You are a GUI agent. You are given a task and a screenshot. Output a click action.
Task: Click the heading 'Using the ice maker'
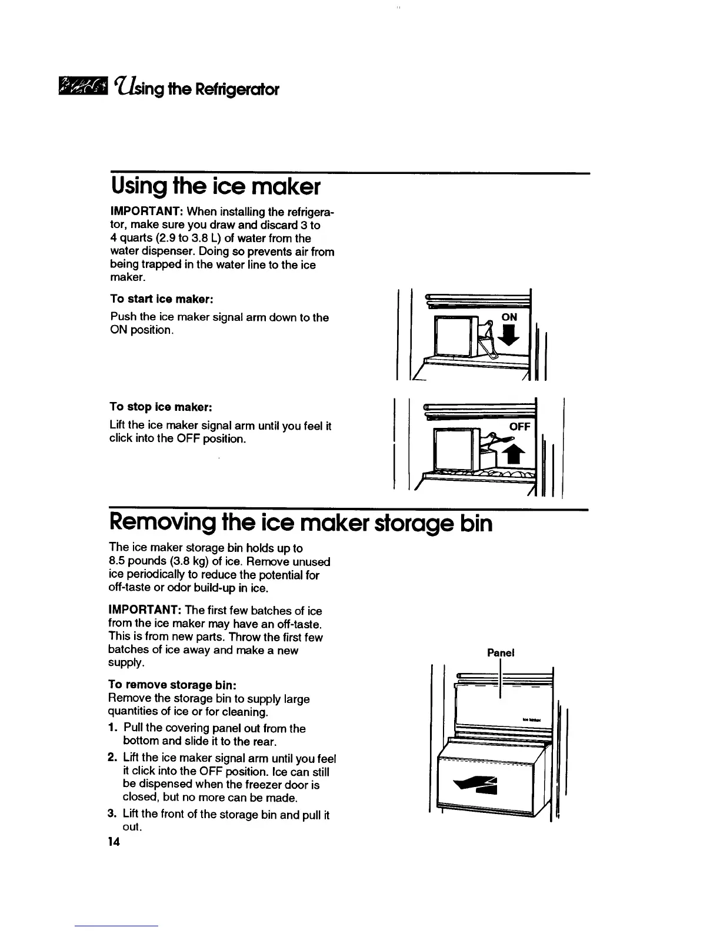pyautogui.click(x=215, y=187)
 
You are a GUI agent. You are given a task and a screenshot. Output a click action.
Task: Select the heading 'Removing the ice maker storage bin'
pyautogui.click(x=300, y=522)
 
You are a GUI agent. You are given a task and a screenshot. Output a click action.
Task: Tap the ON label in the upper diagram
pyautogui.click(x=509, y=317)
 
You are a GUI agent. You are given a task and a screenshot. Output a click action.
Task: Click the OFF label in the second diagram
pyautogui.click(x=519, y=426)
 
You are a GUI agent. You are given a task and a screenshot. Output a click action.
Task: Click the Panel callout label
pyautogui.click(x=501, y=652)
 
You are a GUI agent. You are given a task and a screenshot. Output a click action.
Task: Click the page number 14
pyautogui.click(x=114, y=842)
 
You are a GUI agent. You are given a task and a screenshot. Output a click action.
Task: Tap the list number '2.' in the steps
pyautogui.click(x=114, y=758)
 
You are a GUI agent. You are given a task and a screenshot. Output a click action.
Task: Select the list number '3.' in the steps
pyautogui.click(x=114, y=814)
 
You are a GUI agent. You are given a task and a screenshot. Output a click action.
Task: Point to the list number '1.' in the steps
pyautogui.click(x=114, y=728)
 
